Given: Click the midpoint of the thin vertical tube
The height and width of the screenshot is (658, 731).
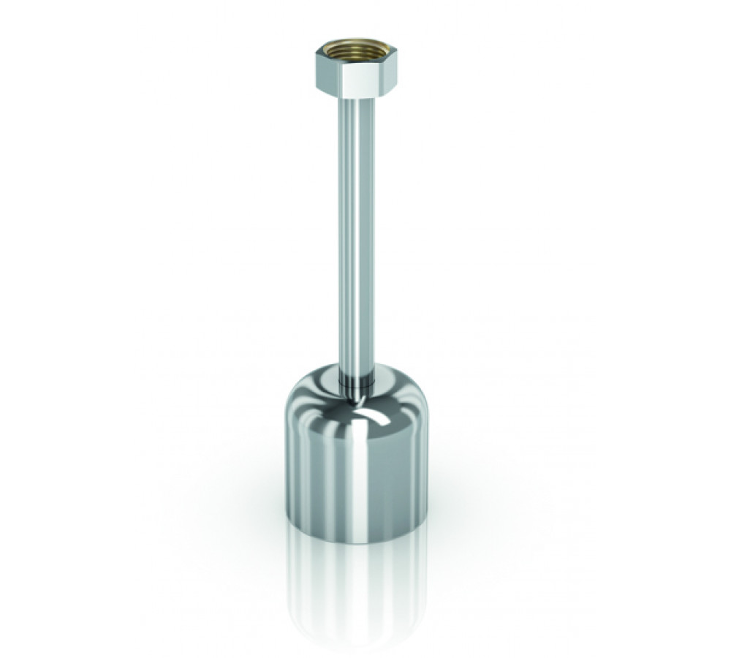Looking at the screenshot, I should coord(354,234).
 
